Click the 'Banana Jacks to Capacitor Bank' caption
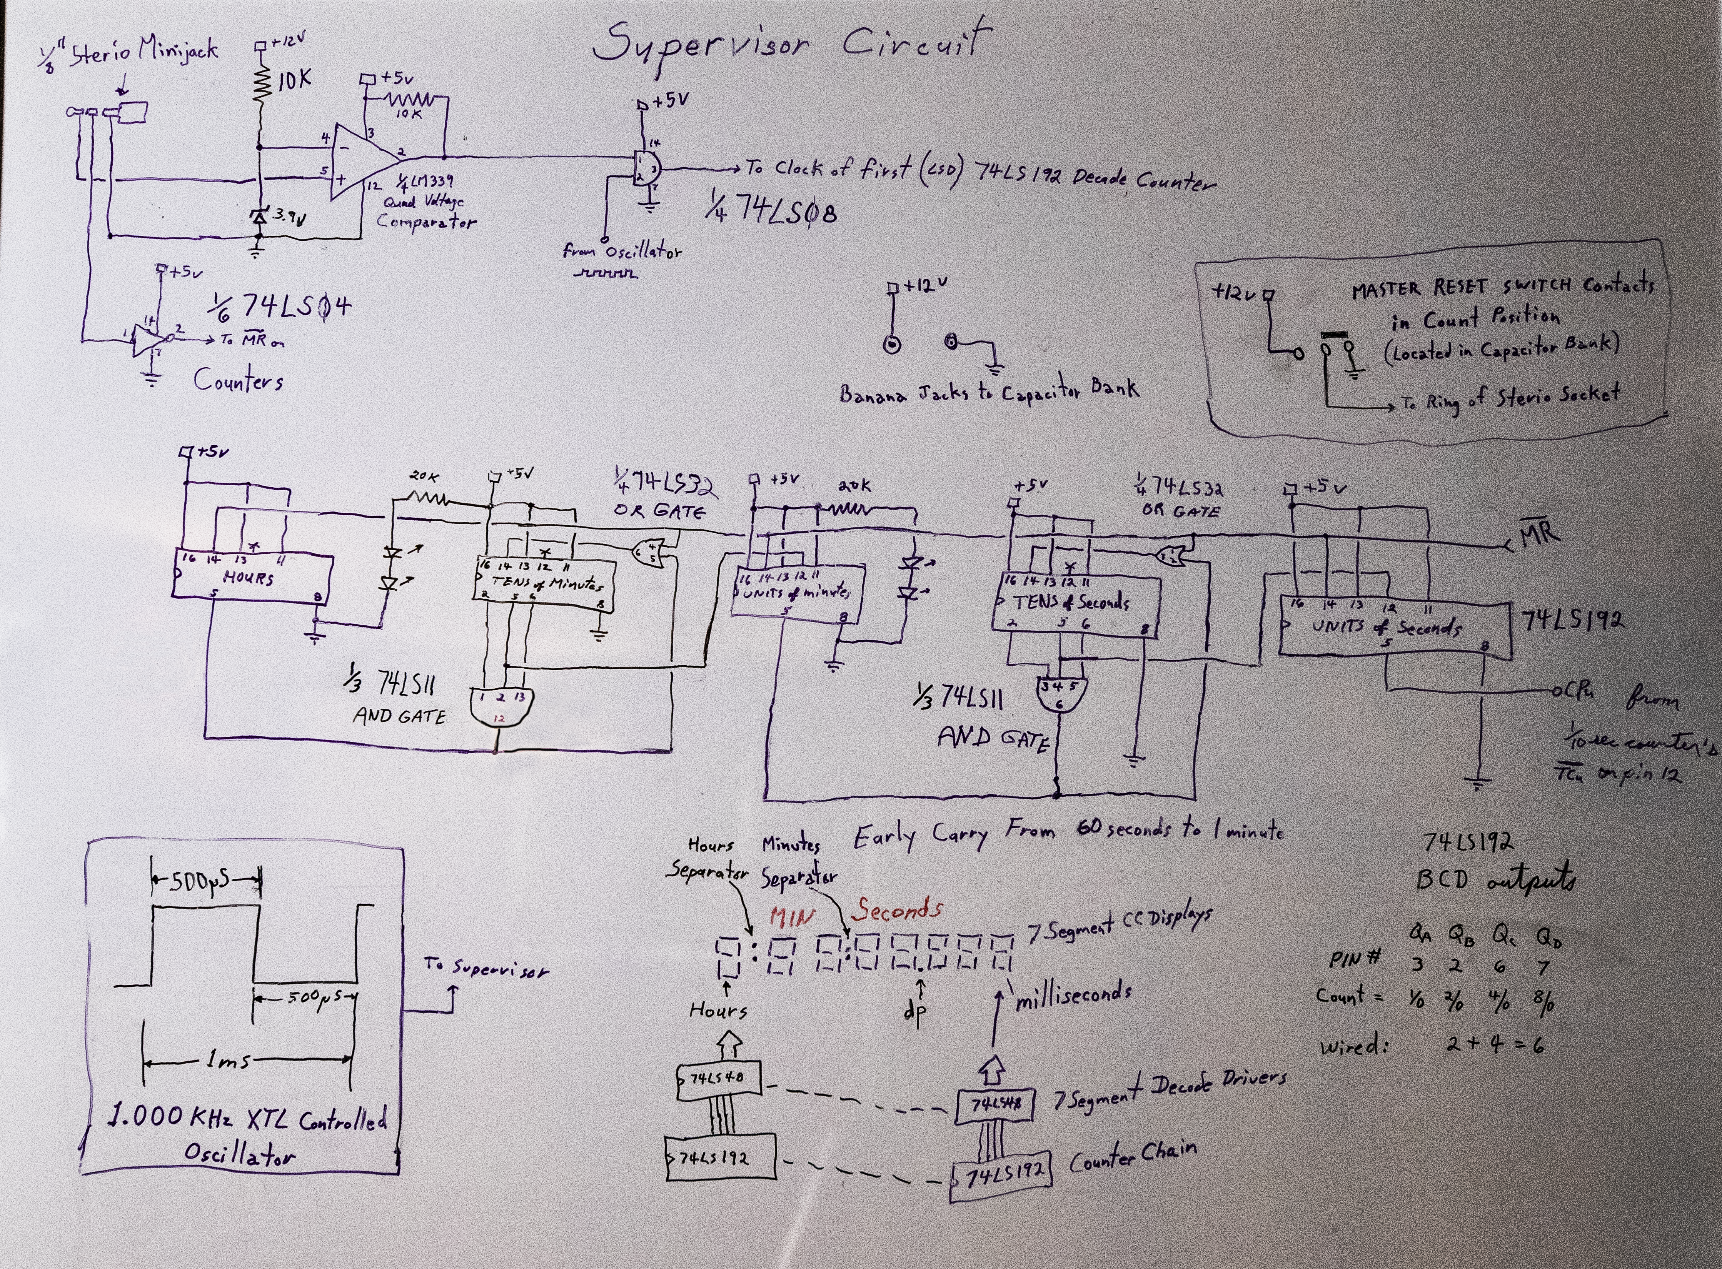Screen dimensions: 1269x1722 coord(989,392)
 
